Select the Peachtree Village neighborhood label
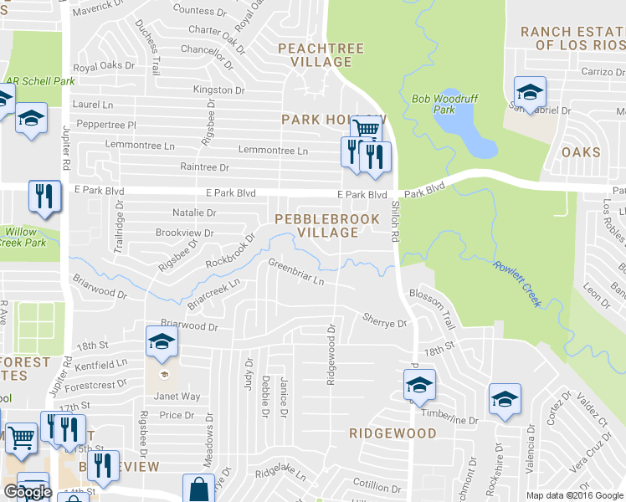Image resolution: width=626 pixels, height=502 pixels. (321, 55)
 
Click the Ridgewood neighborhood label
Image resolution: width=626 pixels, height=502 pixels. (393, 433)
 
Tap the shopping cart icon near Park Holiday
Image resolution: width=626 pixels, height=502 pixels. (366, 129)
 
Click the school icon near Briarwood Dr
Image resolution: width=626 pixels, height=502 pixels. (161, 341)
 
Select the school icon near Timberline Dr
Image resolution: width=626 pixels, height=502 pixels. (419, 386)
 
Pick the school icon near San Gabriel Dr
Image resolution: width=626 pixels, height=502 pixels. (529, 90)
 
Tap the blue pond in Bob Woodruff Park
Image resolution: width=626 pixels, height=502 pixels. (466, 131)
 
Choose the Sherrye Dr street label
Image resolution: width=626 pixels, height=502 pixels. (384, 319)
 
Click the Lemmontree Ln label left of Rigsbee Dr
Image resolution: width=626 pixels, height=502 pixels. (140, 145)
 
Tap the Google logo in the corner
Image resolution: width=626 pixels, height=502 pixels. (27, 492)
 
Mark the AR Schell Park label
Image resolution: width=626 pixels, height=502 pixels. (39, 81)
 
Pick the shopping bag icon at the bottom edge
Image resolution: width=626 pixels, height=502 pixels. (200, 489)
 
